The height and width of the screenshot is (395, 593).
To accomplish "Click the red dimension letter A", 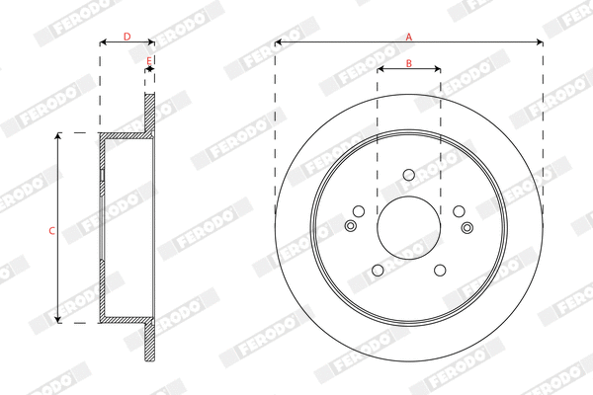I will pyautogui.click(x=409, y=37).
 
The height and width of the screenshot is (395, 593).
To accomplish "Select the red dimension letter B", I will pyautogui.click(x=408, y=63).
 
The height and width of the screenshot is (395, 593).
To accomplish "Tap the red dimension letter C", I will pyautogui.click(x=51, y=230).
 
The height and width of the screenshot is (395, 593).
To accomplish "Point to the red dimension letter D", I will pyautogui.click(x=127, y=37).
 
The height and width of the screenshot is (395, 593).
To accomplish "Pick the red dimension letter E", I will pyautogui.click(x=149, y=61).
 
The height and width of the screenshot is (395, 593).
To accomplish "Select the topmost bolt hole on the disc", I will pyautogui.click(x=408, y=176).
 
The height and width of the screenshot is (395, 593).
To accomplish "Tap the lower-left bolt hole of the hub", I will pyautogui.click(x=378, y=271).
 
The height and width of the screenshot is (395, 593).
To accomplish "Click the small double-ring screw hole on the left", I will pyautogui.click(x=350, y=227).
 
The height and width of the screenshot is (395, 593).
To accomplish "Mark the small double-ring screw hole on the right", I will pyautogui.click(x=466, y=227).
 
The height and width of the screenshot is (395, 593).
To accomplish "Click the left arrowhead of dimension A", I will pyautogui.click(x=279, y=43).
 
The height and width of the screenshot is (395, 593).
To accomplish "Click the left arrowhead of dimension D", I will pyautogui.click(x=103, y=43).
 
